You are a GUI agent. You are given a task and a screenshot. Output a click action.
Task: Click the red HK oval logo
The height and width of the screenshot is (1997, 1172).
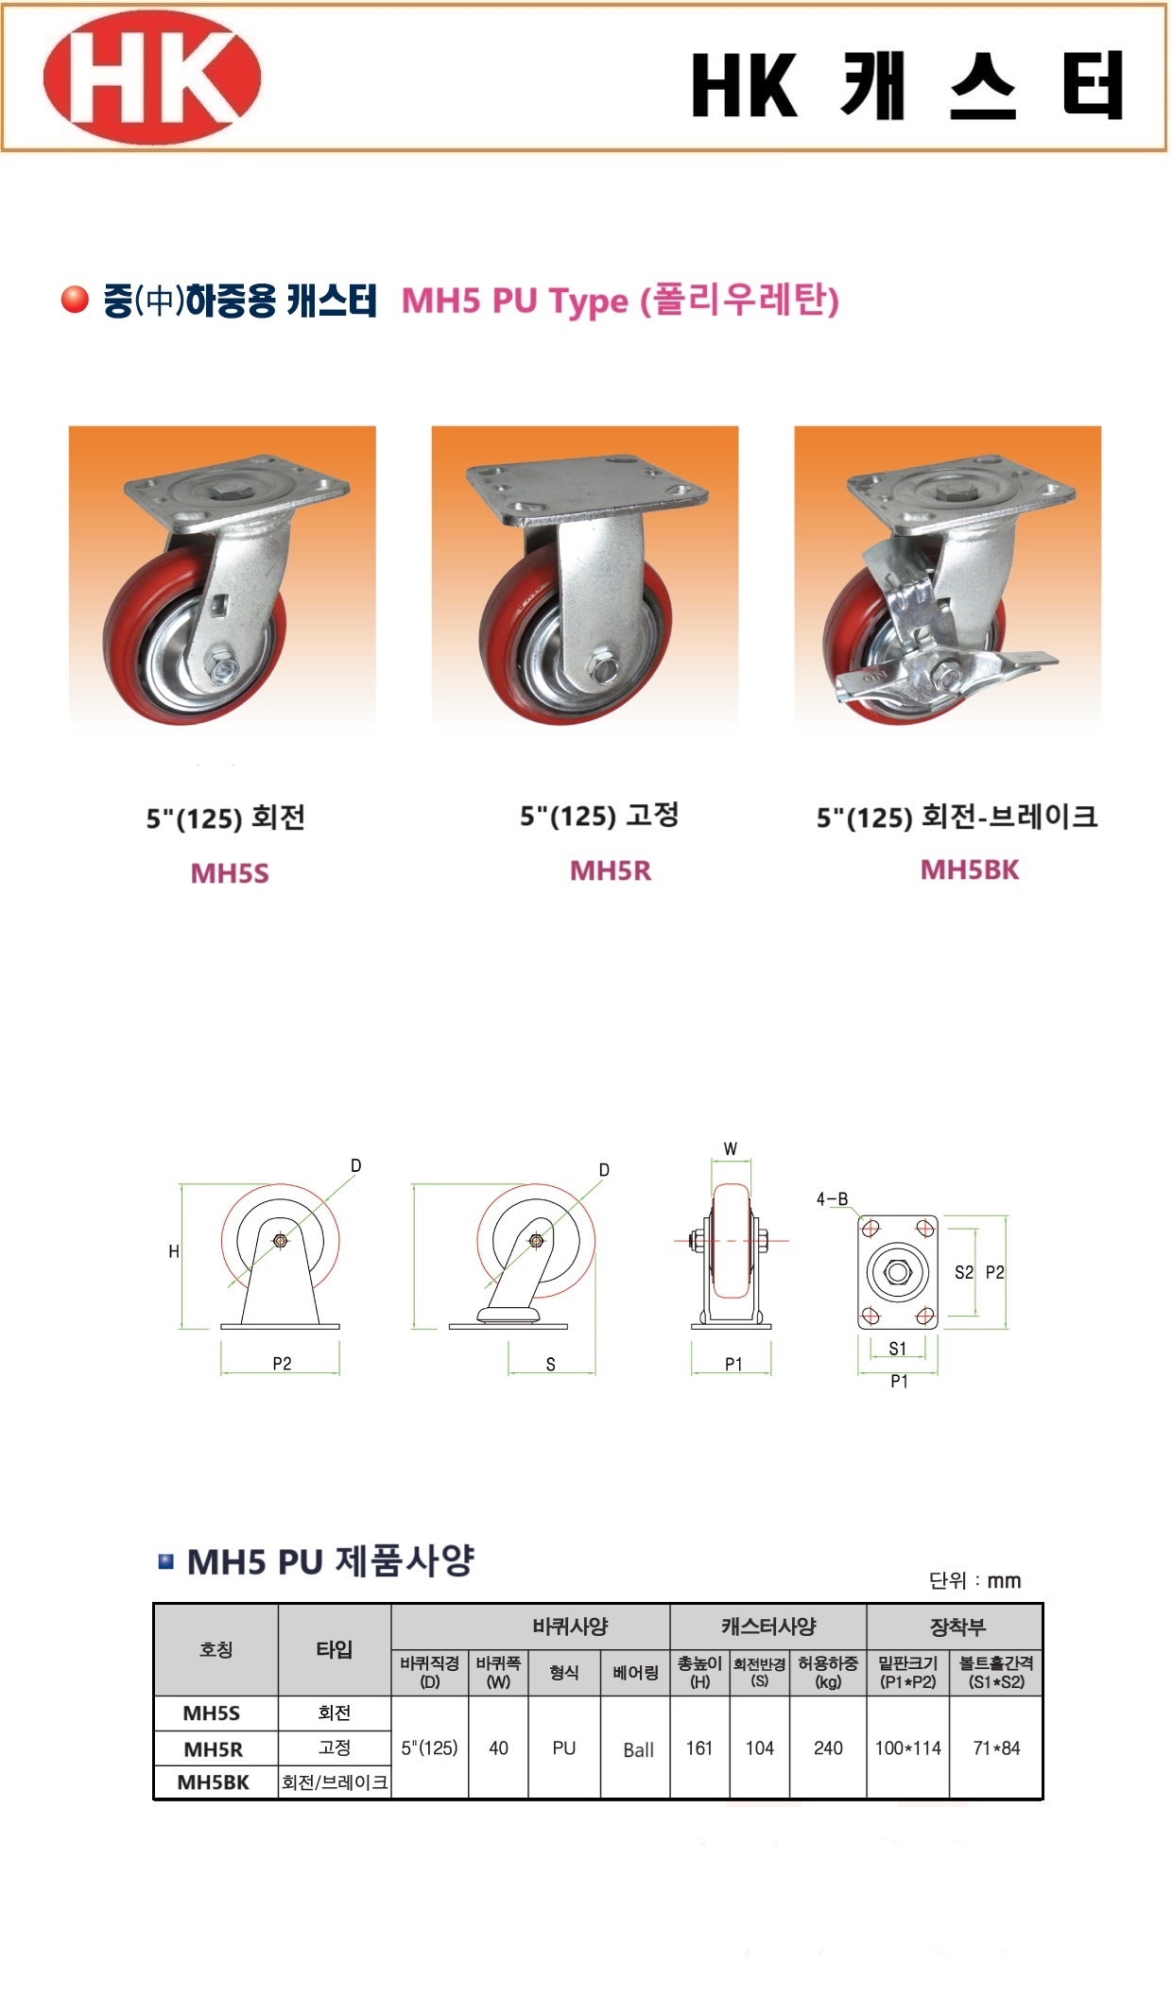(x=151, y=77)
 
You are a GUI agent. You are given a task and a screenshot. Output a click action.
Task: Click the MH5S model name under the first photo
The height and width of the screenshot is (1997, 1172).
(x=230, y=872)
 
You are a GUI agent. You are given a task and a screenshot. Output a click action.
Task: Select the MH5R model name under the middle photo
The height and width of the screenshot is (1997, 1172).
(x=611, y=870)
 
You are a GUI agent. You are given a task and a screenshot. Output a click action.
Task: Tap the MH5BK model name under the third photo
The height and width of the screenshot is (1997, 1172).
(x=970, y=869)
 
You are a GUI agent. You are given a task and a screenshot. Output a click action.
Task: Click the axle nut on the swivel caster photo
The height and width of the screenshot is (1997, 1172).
(x=224, y=666)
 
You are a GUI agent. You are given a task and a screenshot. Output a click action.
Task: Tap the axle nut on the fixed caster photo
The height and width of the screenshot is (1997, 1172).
(x=604, y=667)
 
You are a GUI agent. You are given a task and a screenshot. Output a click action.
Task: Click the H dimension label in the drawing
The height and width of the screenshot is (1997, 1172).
(x=174, y=1251)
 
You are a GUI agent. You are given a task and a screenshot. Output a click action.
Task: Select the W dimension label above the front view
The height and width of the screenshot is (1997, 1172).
(x=731, y=1149)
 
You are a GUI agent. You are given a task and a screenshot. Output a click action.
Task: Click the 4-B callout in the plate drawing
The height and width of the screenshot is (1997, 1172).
(x=832, y=1199)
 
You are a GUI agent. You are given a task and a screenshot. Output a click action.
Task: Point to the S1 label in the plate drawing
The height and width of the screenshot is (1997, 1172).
(x=897, y=1349)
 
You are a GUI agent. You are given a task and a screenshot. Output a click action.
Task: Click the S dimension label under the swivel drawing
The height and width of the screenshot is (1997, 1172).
(x=551, y=1365)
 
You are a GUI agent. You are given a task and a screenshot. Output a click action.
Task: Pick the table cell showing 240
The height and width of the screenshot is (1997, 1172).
(x=828, y=1747)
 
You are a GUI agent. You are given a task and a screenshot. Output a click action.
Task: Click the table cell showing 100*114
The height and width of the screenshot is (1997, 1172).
(x=907, y=1747)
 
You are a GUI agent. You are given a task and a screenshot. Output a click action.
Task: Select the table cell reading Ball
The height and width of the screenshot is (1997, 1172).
(x=638, y=1749)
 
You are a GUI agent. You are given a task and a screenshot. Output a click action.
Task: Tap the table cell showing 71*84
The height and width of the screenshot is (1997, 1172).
(x=996, y=1747)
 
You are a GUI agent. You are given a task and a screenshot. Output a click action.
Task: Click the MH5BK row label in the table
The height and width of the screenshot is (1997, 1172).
(x=214, y=1782)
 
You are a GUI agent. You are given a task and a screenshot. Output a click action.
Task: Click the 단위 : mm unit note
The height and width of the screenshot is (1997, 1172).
(x=974, y=1580)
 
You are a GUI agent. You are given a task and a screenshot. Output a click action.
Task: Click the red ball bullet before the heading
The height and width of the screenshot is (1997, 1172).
(x=74, y=300)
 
